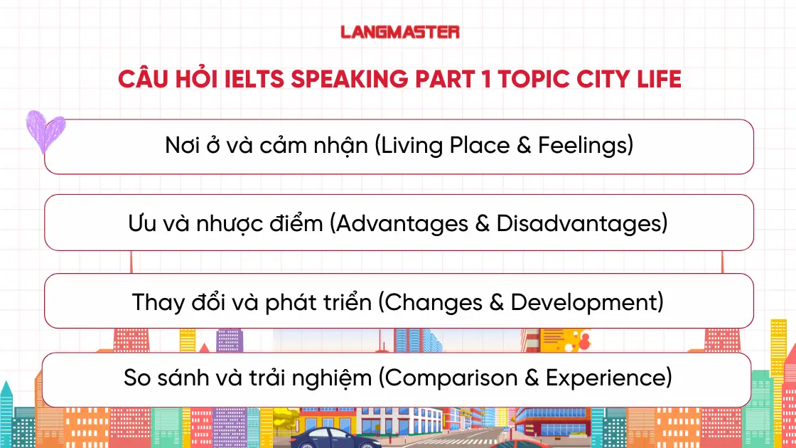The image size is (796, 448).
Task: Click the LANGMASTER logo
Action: tap(399, 32)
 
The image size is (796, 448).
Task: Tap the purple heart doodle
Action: tap(45, 131)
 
